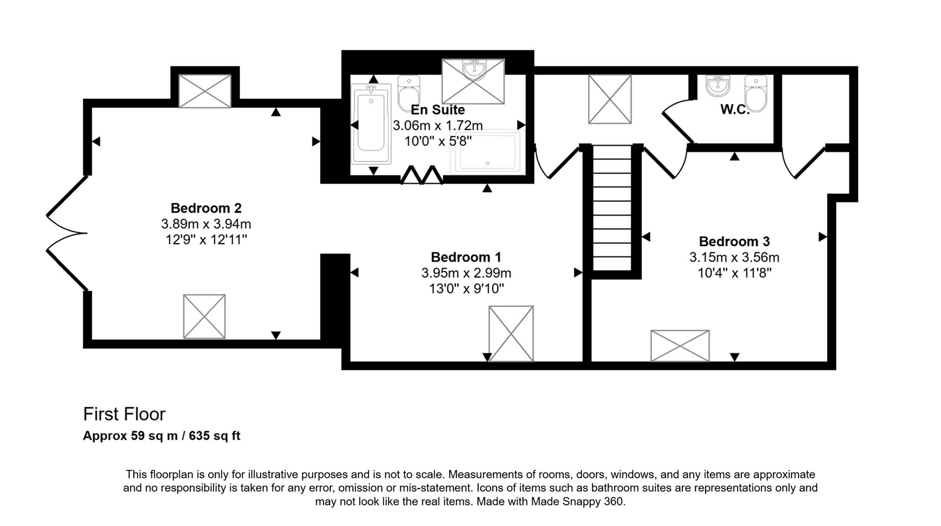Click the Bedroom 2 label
pyautogui.click(x=206, y=208)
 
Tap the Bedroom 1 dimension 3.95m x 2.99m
pyautogui.click(x=466, y=273)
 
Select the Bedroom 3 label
pyautogui.click(x=734, y=241)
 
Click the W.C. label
pyautogui.click(x=735, y=110)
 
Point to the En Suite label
pyautogui.click(x=437, y=110)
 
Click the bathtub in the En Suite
pyautogui.click(x=371, y=124)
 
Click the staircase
pyautogui.click(x=612, y=208)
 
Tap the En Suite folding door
pyautogui.click(x=422, y=175)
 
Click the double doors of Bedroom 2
pyautogui.click(x=66, y=233)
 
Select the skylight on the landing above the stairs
pyautogui.click(x=609, y=99)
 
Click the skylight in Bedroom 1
pyautogui.click(x=511, y=333)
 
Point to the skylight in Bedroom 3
pyautogui.click(x=679, y=346)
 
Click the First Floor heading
pyautogui.click(x=124, y=414)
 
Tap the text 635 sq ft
pyautogui.click(x=214, y=436)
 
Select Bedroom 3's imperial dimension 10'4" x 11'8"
pyautogui.click(x=734, y=273)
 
